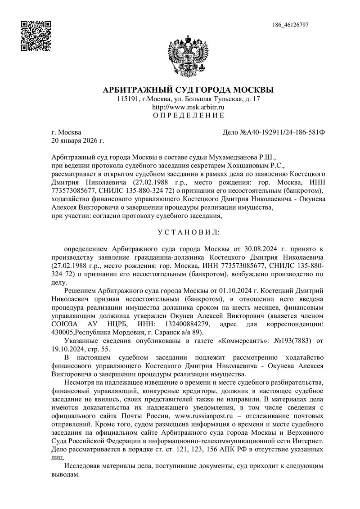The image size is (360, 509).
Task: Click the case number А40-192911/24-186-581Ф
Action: tap(279, 133)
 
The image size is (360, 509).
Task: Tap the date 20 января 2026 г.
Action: tap(78, 141)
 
